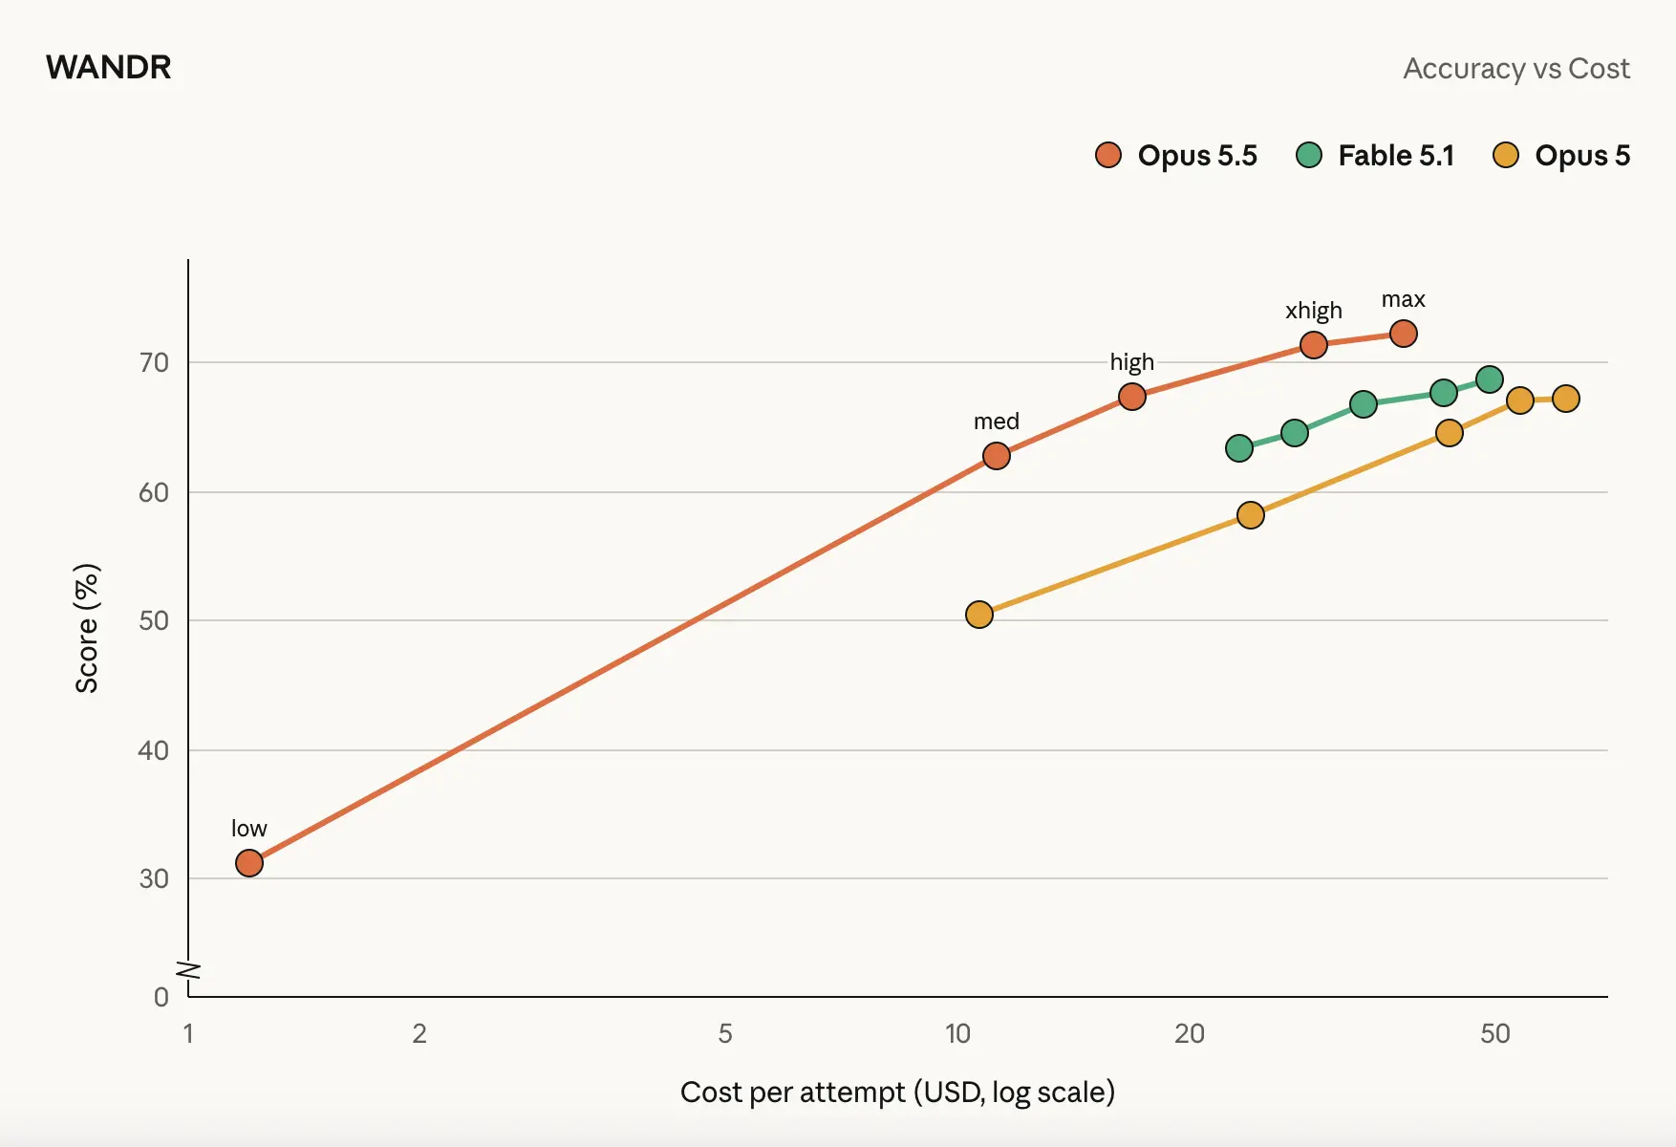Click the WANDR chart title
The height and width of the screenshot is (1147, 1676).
109,68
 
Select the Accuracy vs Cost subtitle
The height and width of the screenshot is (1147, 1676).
1516,69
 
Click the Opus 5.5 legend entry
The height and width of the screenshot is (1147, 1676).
1176,155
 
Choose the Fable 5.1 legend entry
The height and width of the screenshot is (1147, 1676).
1375,155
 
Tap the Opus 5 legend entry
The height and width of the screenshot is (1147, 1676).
1561,155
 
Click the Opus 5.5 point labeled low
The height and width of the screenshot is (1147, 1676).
249,863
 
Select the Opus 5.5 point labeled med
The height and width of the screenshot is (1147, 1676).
997,456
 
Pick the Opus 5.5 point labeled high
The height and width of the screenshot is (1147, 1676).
1132,397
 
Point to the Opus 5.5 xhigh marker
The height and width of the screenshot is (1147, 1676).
1314,345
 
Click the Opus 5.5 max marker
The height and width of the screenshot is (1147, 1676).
1404,334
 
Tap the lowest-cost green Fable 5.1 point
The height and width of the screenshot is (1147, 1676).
1239,448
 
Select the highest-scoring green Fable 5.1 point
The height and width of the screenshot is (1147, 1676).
1490,379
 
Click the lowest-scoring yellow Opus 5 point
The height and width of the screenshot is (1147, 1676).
979,615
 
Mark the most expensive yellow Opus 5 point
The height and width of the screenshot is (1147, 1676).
1566,399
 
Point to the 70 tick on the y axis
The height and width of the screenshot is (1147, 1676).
154,363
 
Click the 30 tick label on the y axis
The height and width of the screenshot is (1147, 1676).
154,878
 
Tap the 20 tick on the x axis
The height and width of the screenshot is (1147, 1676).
1190,1033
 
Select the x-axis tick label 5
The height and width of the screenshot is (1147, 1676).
725,1033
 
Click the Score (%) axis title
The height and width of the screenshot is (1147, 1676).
87,628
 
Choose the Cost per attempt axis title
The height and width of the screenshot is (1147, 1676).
897,1092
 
